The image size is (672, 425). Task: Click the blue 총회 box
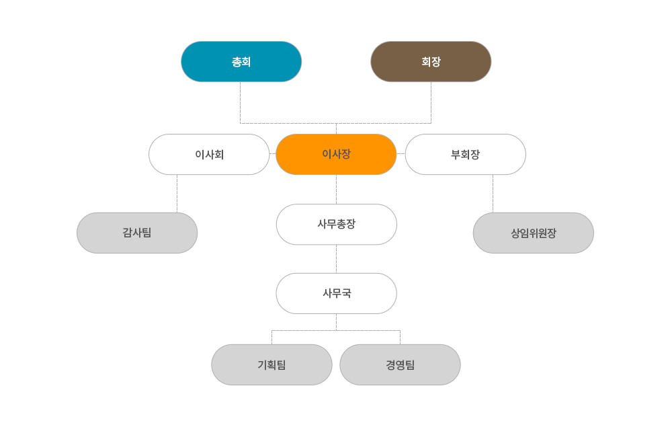[x=241, y=62]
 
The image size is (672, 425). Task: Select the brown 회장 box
[x=431, y=62]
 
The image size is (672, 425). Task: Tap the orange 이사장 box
[x=336, y=155]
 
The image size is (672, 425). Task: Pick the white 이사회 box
[x=209, y=155]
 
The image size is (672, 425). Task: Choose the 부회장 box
[x=466, y=155]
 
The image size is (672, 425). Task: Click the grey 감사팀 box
[x=137, y=233]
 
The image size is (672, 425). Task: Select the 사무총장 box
[x=337, y=225]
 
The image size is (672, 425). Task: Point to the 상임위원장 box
[x=533, y=233]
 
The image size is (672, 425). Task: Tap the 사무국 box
[x=337, y=293]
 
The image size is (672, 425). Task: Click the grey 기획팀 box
[x=271, y=364]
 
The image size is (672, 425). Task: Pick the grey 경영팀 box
[x=400, y=364]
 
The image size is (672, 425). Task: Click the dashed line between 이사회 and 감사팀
[x=177, y=194]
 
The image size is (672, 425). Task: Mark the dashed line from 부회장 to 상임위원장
[x=493, y=194]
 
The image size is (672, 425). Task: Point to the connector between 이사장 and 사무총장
[x=337, y=189]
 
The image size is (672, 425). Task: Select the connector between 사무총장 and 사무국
[x=337, y=259]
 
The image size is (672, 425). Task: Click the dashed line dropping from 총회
[x=240, y=102]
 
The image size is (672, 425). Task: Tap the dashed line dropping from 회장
[x=431, y=102]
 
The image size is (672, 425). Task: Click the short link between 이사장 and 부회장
[x=401, y=153]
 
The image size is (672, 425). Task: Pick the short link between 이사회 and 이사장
[x=273, y=153]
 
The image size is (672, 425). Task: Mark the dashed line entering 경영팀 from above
[x=401, y=338]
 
